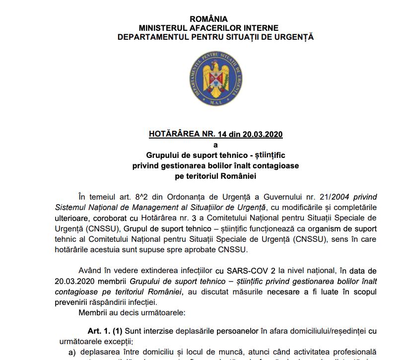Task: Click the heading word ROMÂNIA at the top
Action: tap(215, 19)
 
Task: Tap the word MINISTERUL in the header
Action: tap(164, 28)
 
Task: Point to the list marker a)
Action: tap(72, 352)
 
